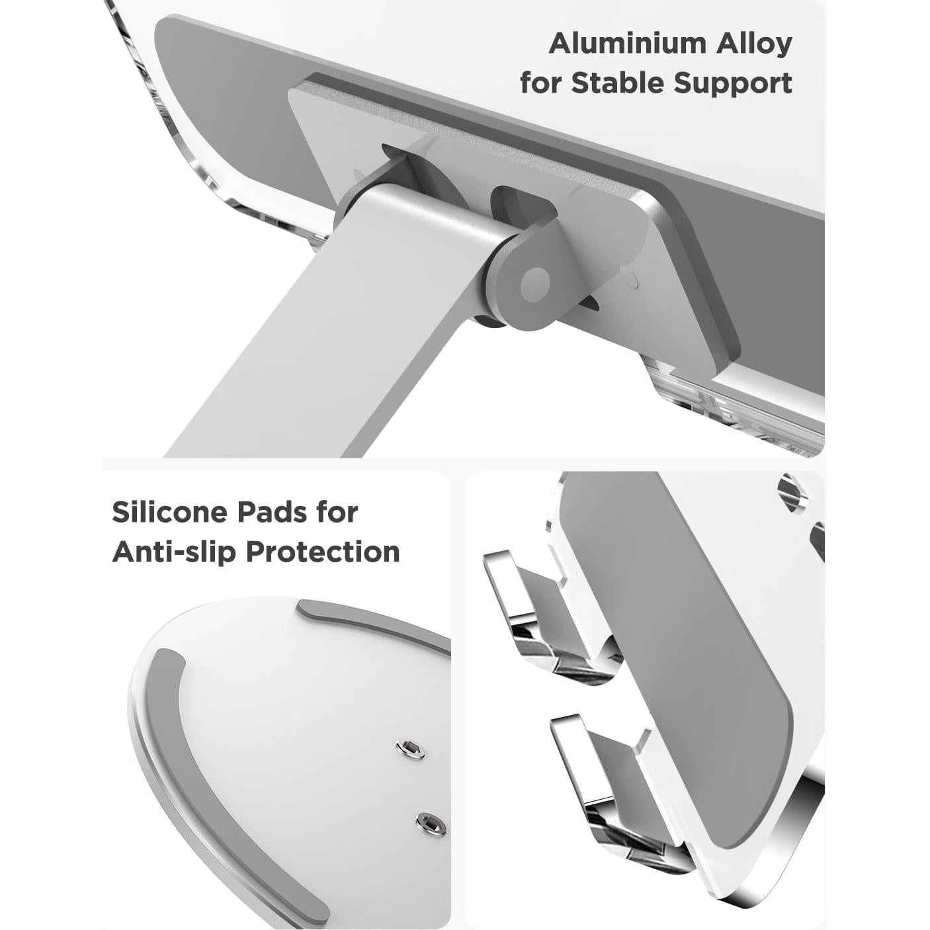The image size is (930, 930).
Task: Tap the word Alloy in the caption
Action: [751, 44]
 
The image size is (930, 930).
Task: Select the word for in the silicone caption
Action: [335, 512]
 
